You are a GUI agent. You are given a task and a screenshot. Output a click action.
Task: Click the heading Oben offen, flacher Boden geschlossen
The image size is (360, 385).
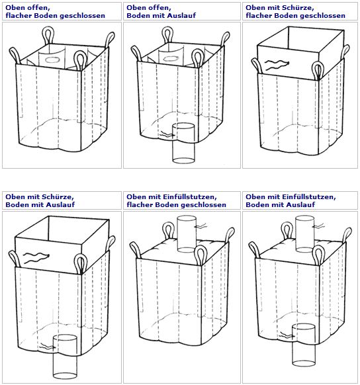pos(55,11)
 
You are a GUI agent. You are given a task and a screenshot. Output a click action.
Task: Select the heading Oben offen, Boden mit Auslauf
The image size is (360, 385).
pos(161,11)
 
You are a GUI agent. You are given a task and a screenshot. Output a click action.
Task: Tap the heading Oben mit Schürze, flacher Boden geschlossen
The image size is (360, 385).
pos(295,11)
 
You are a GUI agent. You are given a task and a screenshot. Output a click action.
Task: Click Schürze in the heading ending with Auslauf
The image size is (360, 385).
pos(57,197)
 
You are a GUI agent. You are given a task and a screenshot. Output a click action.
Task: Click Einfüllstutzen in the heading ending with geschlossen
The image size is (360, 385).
pos(189,197)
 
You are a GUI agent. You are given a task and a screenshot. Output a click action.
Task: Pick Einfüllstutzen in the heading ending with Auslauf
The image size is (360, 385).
pos(308,197)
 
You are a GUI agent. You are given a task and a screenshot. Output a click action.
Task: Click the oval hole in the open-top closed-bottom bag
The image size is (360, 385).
pos(52,60)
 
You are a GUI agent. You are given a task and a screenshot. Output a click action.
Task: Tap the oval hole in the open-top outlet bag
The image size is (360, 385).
pos(170,59)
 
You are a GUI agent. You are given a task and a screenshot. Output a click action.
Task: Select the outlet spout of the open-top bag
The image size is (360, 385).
pos(183,143)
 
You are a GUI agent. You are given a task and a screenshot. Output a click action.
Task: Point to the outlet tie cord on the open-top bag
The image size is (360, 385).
pos(167,134)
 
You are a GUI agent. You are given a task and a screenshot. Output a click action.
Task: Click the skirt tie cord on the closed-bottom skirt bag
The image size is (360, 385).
pos(276,65)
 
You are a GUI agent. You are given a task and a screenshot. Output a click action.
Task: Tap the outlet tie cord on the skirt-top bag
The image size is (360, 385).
pos(48,347)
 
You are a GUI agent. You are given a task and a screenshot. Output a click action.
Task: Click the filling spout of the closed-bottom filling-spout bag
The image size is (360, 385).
pos(187,234)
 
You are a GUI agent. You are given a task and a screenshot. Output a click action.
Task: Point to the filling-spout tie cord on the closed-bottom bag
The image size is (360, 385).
pos(201,226)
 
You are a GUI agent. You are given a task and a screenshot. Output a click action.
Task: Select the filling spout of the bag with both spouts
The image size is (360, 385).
pos(305,234)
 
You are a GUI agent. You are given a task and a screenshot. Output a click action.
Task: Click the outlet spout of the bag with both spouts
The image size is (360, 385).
pos(303,345)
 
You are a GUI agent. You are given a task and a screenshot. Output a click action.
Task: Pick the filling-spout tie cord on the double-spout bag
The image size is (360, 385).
pos(320,226)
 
